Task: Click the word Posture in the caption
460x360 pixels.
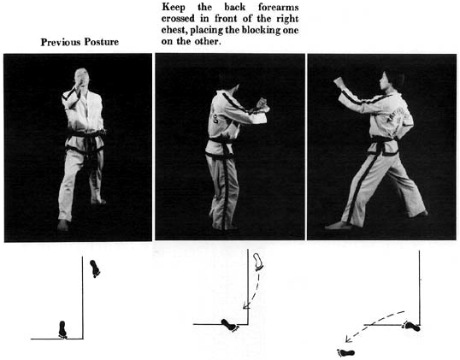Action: tap(102, 42)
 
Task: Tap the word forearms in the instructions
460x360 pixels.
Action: tap(279, 7)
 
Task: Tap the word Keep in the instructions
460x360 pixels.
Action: tap(173, 7)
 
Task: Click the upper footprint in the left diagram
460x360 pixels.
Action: tap(95, 269)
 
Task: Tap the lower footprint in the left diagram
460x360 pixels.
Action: tap(62, 329)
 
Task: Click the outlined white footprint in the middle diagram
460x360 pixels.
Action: tap(258, 262)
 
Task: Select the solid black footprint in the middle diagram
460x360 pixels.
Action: tap(230, 325)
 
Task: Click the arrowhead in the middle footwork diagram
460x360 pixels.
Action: tap(246, 305)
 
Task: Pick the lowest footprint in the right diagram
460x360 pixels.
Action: tap(346, 352)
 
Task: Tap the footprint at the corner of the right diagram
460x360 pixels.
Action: tap(411, 326)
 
